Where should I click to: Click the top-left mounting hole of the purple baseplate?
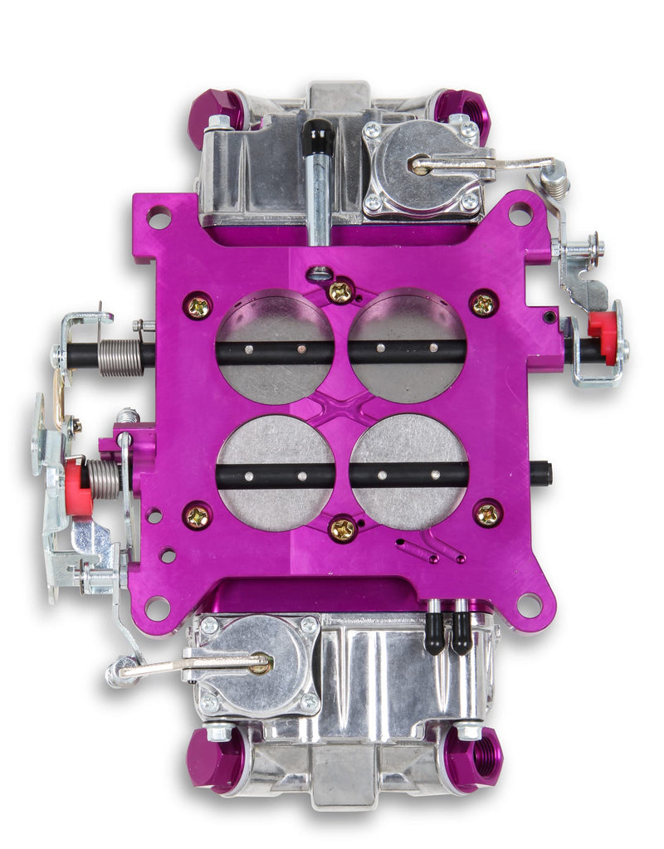159,217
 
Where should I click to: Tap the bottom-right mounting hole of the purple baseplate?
529,604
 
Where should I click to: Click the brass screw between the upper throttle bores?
341,291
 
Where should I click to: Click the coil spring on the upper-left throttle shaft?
120,356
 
